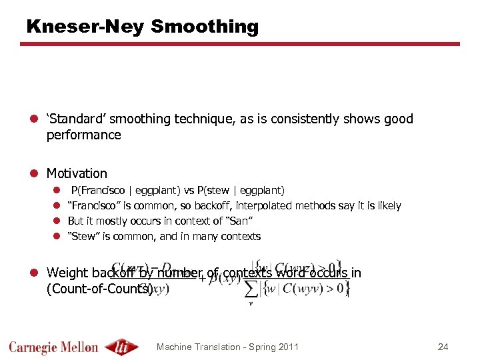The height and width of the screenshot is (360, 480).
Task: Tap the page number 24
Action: coord(443,347)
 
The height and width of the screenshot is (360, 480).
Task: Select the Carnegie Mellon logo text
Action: coord(53,347)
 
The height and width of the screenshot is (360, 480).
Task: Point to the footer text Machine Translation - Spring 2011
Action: coord(227,347)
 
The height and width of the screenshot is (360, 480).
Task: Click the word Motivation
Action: coord(76,173)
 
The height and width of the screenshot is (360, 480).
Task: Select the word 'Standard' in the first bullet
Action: coord(75,119)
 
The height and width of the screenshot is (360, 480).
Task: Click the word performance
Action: coord(83,135)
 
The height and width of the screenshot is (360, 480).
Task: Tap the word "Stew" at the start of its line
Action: coord(83,237)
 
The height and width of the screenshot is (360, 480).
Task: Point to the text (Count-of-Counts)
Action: coord(99,289)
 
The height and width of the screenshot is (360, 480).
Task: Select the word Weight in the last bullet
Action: coord(67,273)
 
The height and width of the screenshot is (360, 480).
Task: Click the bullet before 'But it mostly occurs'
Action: coord(57,221)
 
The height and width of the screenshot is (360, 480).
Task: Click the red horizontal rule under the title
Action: coord(240,44)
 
